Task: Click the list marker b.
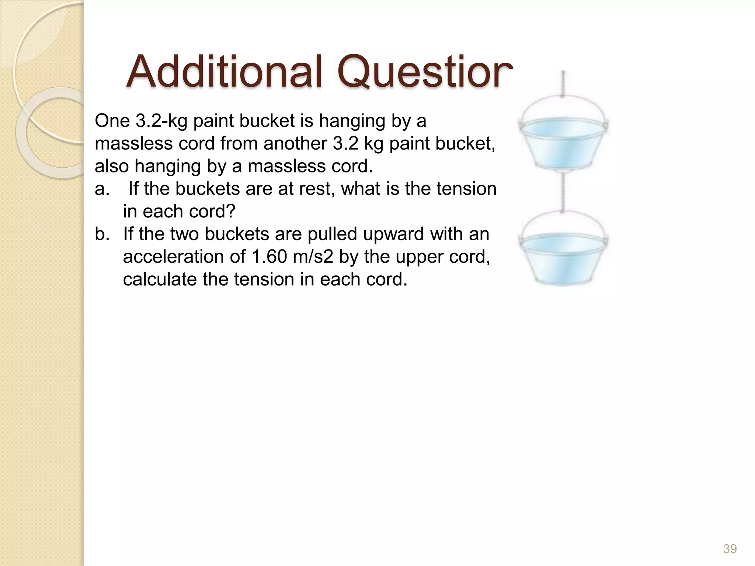click(x=102, y=234)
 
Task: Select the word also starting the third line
click(x=112, y=166)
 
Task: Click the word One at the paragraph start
click(x=112, y=121)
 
